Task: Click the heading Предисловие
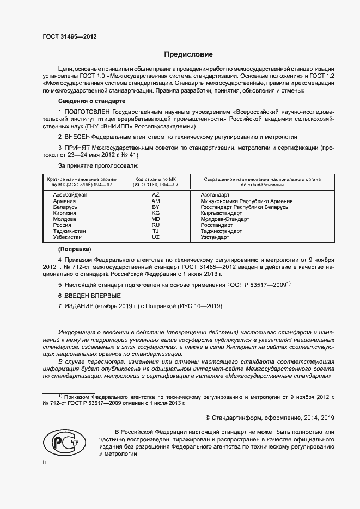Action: (189, 54)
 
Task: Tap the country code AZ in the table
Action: (156, 194)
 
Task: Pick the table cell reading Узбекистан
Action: (69, 238)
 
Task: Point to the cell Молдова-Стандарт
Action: (225, 219)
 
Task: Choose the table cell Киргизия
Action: (65, 213)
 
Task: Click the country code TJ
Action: (156, 231)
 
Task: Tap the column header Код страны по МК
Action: (156, 179)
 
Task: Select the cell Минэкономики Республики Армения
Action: (247, 201)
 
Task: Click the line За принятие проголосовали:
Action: (98, 164)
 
